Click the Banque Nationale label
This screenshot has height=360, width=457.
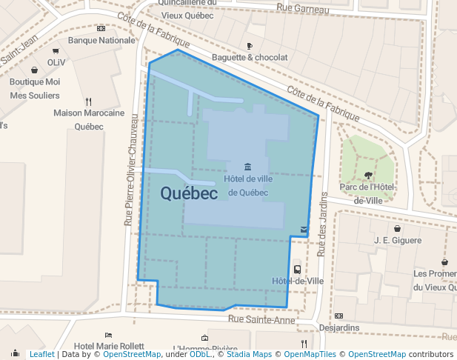pyautogui.click(x=101, y=41)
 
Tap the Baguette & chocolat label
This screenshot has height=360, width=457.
pyautogui.click(x=250, y=57)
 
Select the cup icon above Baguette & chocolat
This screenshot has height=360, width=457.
pyautogui.click(x=250, y=46)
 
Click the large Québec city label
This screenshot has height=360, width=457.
pyautogui.click(x=189, y=193)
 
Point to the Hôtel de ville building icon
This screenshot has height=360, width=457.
pyautogui.click(x=247, y=165)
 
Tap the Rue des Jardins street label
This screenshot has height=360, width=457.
pyautogui.click(x=322, y=221)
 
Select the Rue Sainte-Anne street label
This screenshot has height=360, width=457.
pyautogui.click(x=261, y=319)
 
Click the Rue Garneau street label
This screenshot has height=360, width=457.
pyautogui.click(x=302, y=9)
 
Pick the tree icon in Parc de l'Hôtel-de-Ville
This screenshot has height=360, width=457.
pyautogui.click(x=368, y=176)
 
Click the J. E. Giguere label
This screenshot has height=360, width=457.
pyautogui.click(x=398, y=240)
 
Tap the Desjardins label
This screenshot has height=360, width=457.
pyautogui.click(x=339, y=327)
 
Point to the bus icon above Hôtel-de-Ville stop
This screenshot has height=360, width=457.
pyautogui.click(x=297, y=270)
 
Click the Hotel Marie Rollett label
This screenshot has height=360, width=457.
pyautogui.click(x=109, y=346)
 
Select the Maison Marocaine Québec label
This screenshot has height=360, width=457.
pyautogui.click(x=89, y=119)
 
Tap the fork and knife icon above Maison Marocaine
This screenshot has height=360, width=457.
pyautogui.click(x=89, y=101)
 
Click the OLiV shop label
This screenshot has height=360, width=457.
pyautogui.click(x=56, y=63)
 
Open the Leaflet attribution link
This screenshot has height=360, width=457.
pyautogui.click(x=42, y=354)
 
